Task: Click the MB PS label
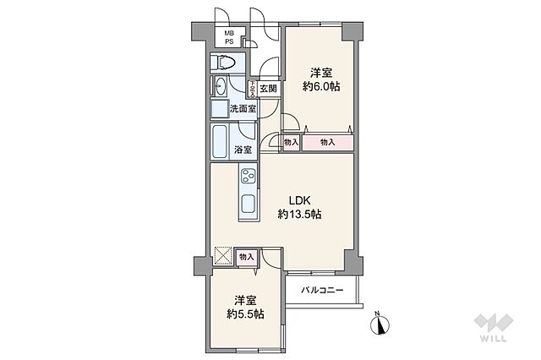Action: [x=227, y=37]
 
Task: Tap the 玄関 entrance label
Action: [x=268, y=89]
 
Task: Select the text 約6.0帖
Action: [x=322, y=87]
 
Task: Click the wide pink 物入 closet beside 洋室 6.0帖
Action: [x=328, y=143]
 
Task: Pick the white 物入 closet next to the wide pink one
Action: [x=291, y=143]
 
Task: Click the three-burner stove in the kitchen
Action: [x=250, y=177]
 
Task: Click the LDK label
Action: [x=300, y=199]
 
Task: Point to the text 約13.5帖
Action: [x=300, y=215]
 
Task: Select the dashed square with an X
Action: [x=222, y=256]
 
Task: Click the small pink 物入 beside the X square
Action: [x=246, y=256]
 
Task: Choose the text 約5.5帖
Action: [x=245, y=314]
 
